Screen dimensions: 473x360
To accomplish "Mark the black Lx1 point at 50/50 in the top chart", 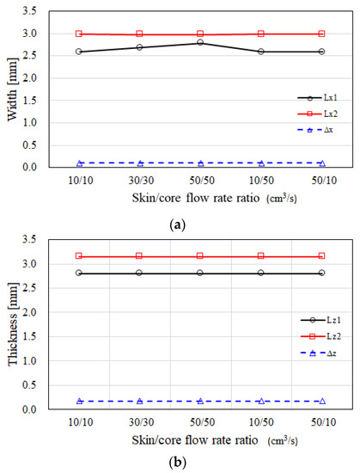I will pyautogui.click(x=200, y=42).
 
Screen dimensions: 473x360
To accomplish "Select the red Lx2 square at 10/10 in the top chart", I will pyautogui.click(x=79, y=34).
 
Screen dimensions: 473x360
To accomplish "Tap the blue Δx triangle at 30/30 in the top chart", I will pyautogui.click(x=140, y=163).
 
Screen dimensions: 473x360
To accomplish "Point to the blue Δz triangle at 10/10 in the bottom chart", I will pyautogui.click(x=79, y=401).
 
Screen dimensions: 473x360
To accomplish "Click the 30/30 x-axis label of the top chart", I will pyautogui.click(x=140, y=182).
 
